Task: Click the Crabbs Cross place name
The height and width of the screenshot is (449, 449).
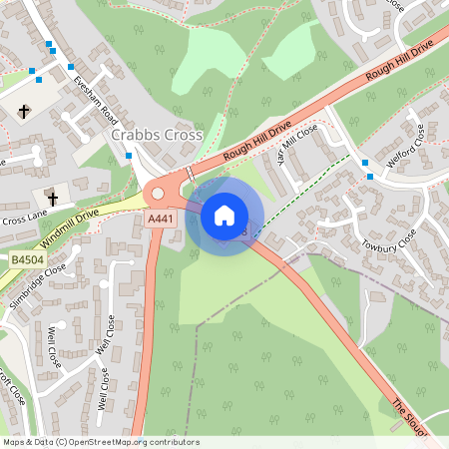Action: click(x=158, y=135)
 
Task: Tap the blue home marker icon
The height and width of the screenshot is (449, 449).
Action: click(x=224, y=216)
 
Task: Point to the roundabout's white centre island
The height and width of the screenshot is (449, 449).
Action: click(x=158, y=194)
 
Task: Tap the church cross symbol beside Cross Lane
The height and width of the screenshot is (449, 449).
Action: click(x=51, y=195)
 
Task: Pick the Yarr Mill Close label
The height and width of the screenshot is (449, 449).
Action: click(x=296, y=148)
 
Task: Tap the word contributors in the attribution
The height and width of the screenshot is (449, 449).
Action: click(x=168, y=441)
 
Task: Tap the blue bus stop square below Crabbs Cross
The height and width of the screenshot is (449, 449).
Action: click(x=130, y=156)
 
